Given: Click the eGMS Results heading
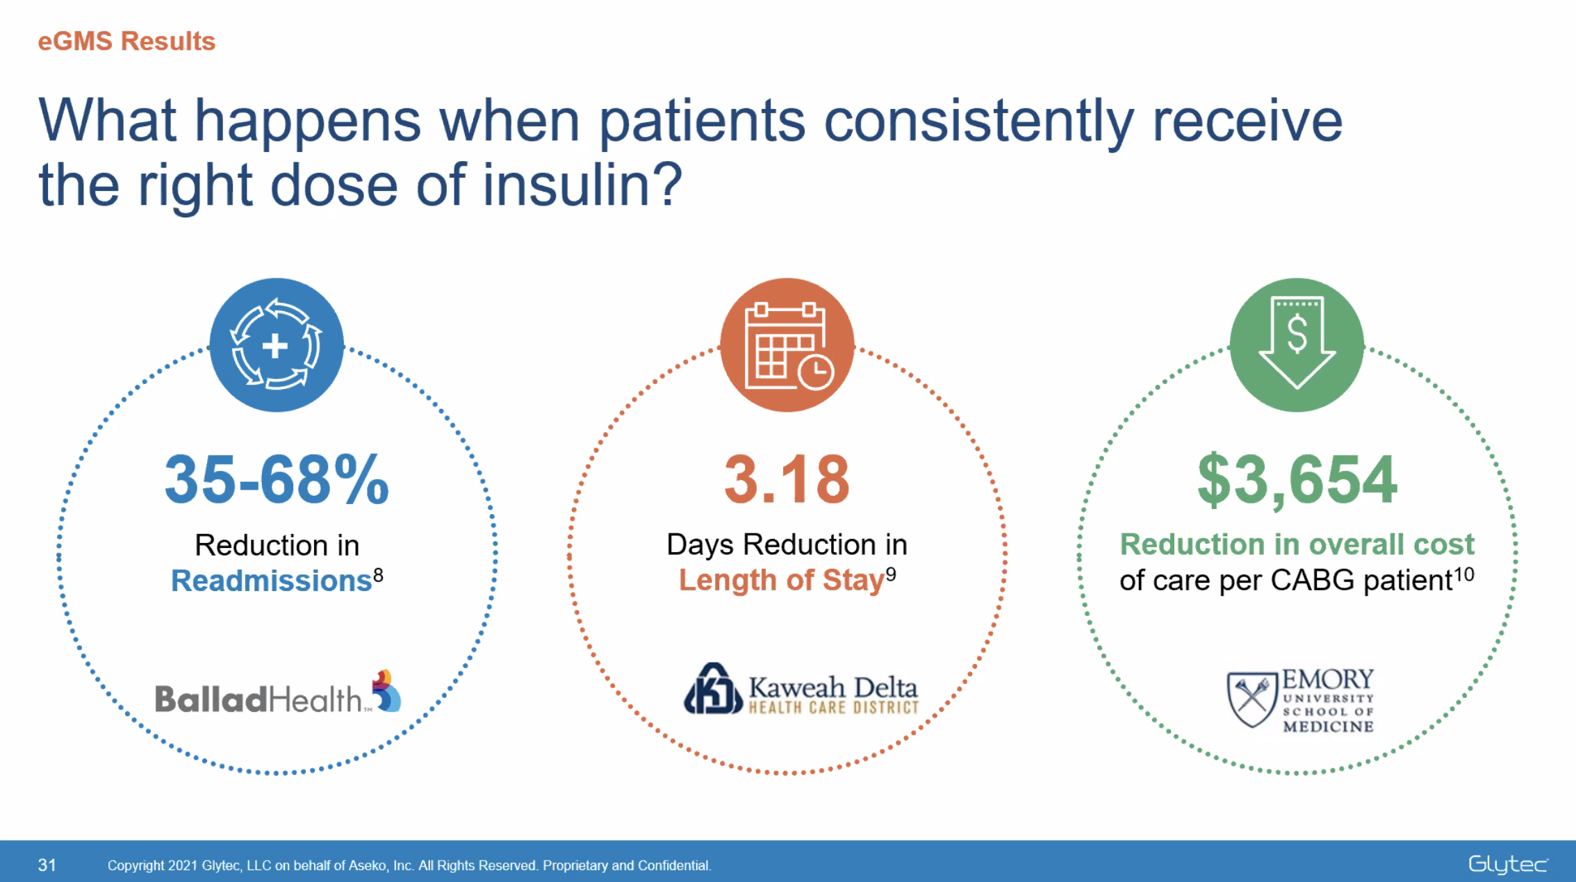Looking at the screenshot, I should tap(126, 42).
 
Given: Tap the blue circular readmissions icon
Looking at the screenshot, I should tap(277, 345).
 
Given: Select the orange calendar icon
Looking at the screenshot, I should tap(787, 345).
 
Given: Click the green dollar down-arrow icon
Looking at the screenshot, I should tap(1297, 345).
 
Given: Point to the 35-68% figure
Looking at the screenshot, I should tap(277, 480).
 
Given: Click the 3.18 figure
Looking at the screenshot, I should tap(787, 480).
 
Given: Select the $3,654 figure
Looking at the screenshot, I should tap(1297, 480).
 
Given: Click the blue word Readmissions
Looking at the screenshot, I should tap(271, 581).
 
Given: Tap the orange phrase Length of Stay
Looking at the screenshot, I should tap(780, 580).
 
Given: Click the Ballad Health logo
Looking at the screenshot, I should tap(277, 694).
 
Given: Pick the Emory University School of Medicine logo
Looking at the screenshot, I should tap(1300, 700).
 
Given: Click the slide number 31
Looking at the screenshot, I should tap(47, 865).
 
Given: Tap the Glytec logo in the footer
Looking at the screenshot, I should tap(1507, 865).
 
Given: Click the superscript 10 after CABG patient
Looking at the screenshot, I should tap(1464, 574).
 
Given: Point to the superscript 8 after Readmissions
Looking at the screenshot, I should tap(378, 574).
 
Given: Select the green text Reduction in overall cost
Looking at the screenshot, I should tap(1297, 544).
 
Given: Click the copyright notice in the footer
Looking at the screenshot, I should tap(409, 865).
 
